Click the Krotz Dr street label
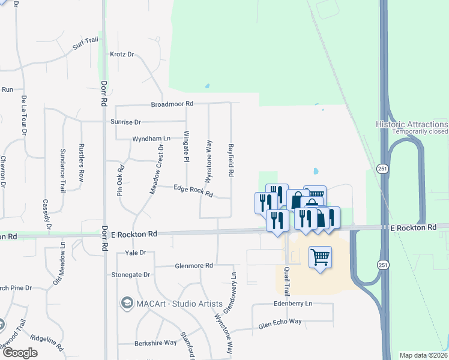click(x=122, y=54)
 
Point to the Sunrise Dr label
click(x=125, y=122)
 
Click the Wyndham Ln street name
click(x=150, y=139)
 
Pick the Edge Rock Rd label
click(x=193, y=191)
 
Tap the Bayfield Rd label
click(x=231, y=160)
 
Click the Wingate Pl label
click(x=186, y=147)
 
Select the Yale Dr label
click(x=136, y=253)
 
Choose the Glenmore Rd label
click(x=193, y=265)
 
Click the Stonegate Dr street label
click(x=130, y=274)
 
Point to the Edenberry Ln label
click(x=292, y=304)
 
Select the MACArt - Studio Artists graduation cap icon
click(x=127, y=304)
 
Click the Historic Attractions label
click(x=412, y=124)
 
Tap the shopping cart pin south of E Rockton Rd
click(x=321, y=257)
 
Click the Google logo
click(x=20, y=353)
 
